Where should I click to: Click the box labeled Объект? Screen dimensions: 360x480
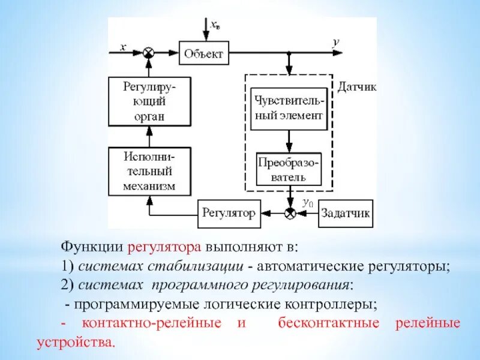click(204, 53)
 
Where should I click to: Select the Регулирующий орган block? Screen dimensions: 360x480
click(149, 102)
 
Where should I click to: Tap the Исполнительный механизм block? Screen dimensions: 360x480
click(149, 171)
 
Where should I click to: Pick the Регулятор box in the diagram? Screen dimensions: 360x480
click(229, 213)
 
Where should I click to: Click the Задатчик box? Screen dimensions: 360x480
click(345, 213)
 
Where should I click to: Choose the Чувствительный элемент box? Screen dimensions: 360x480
click(289, 107)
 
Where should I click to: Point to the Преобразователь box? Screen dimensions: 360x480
click(289, 169)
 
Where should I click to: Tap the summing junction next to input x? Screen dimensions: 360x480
click(149, 53)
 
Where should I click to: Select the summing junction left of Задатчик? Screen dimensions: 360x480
click(289, 213)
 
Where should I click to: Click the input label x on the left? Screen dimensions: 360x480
click(122, 47)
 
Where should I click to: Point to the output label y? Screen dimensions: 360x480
click(336, 43)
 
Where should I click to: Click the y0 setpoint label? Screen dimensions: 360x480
click(308, 203)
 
